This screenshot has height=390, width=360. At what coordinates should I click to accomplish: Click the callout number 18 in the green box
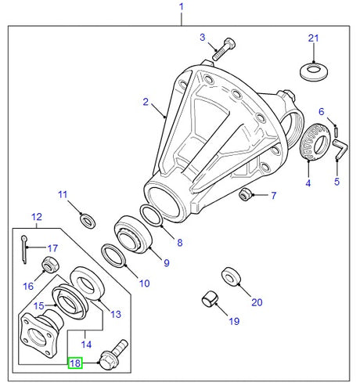click(75, 363)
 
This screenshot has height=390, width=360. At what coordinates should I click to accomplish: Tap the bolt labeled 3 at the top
click(224, 49)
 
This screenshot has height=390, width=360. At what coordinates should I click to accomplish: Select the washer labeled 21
click(314, 71)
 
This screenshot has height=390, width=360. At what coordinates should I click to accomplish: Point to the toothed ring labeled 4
click(315, 141)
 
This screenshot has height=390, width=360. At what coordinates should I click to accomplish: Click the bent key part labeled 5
click(340, 150)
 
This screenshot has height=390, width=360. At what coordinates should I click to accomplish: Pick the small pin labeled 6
click(337, 131)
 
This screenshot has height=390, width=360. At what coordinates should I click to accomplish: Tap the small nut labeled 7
click(245, 194)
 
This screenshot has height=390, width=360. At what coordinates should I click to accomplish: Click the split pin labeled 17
click(24, 250)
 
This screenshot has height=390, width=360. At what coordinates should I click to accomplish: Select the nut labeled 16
click(51, 265)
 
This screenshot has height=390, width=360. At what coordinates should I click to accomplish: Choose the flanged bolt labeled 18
click(113, 355)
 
